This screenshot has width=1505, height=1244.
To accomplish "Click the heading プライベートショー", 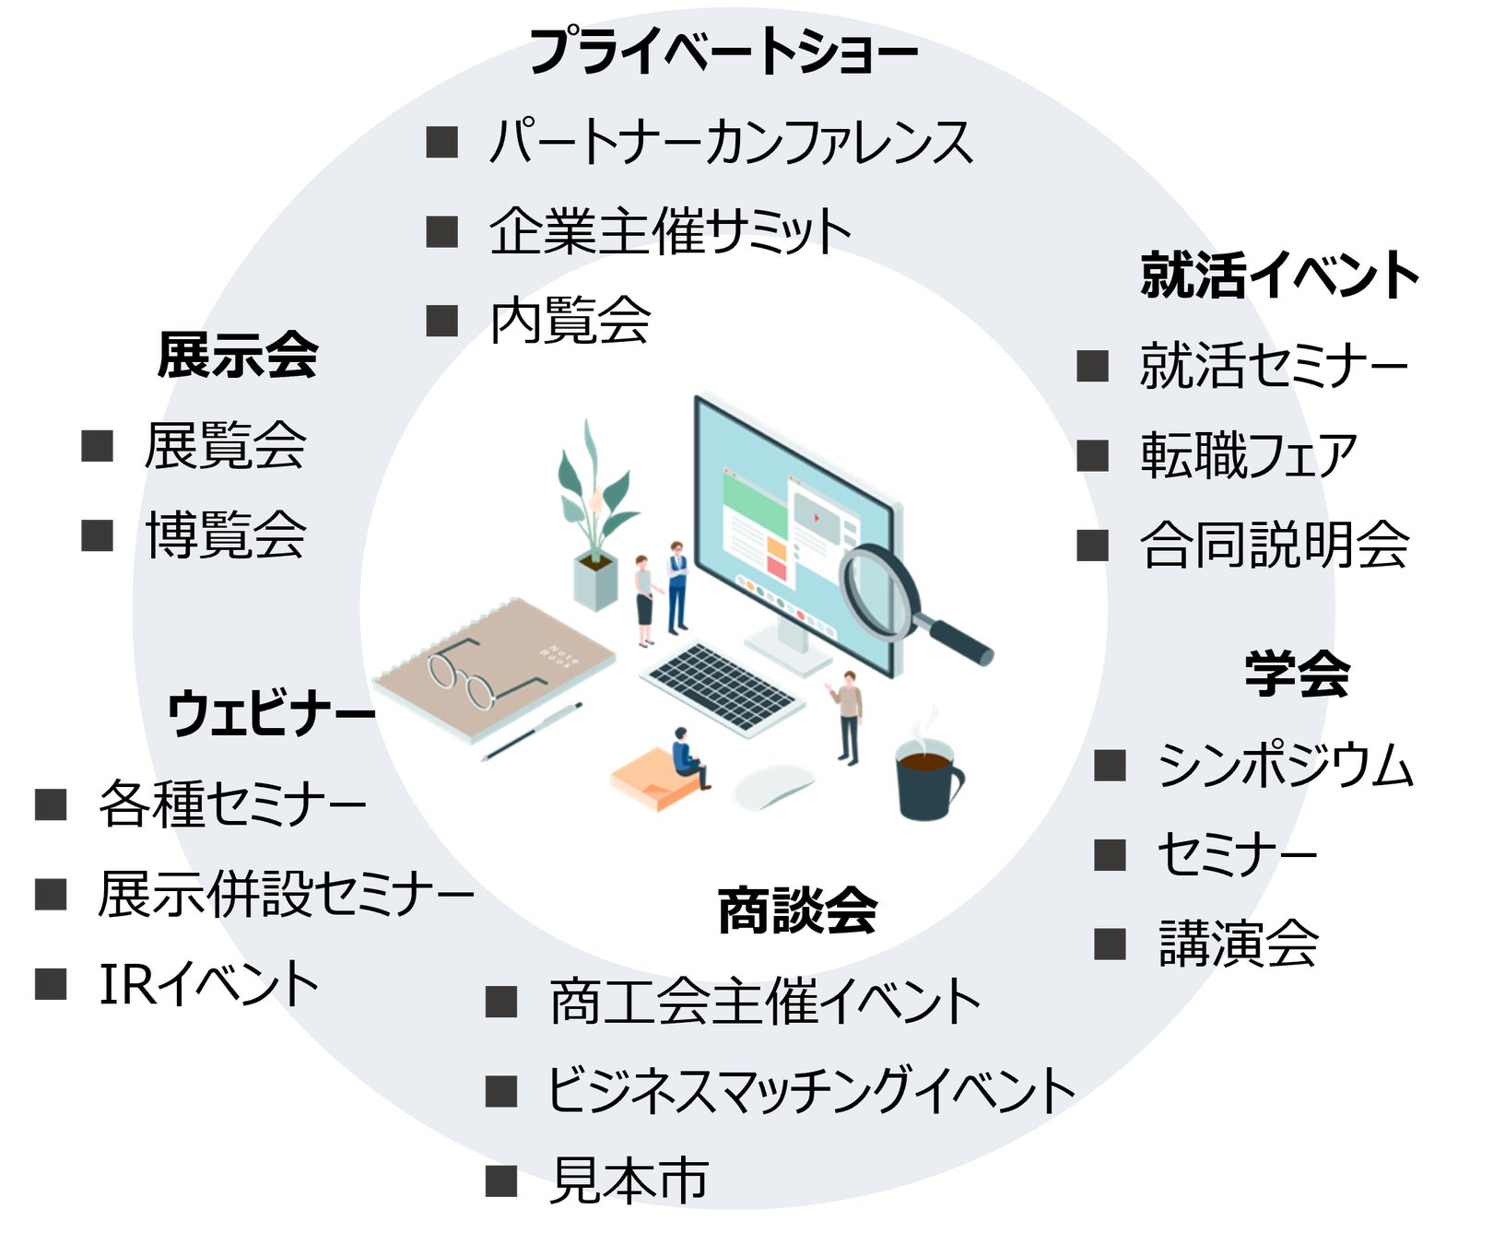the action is point(723,53).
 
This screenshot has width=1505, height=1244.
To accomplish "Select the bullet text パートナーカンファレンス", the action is point(731,143).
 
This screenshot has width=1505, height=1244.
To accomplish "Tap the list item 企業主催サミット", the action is point(670,231).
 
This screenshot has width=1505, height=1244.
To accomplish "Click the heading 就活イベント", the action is point(1279,275).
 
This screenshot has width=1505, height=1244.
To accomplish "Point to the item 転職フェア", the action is point(1249,455).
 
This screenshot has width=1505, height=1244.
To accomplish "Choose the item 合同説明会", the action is point(1275,545).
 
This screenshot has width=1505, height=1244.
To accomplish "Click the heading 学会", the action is point(1298,674).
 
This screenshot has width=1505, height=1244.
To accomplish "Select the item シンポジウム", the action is point(1286,766).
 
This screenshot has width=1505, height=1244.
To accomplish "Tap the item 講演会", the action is point(1239,944).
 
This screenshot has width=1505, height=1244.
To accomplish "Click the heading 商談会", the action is point(798,910).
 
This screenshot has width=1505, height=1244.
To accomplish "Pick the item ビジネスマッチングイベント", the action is point(812,1091).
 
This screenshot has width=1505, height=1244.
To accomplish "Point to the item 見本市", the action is point(629,1180).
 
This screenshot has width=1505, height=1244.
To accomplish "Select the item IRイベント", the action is point(209,984).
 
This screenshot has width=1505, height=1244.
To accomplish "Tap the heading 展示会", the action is point(238,356).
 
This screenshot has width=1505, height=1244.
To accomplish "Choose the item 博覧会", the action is point(226,534).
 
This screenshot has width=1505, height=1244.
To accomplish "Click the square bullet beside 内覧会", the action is point(442,321).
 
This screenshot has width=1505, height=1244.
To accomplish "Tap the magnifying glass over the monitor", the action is point(889,594).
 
